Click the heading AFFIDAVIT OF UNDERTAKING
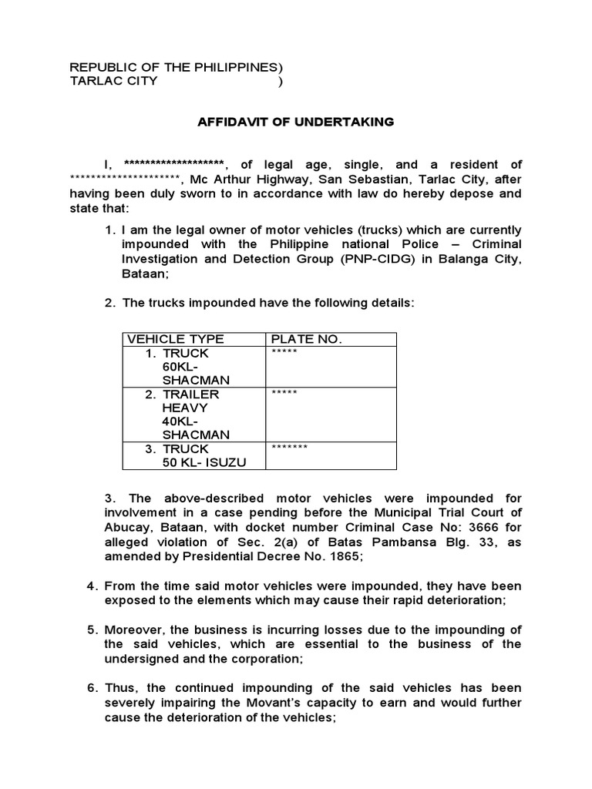(296, 122)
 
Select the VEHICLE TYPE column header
(176, 339)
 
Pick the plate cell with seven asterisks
(290, 448)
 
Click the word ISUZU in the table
(226, 462)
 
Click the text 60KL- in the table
(180, 367)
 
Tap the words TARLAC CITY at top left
(113, 81)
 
